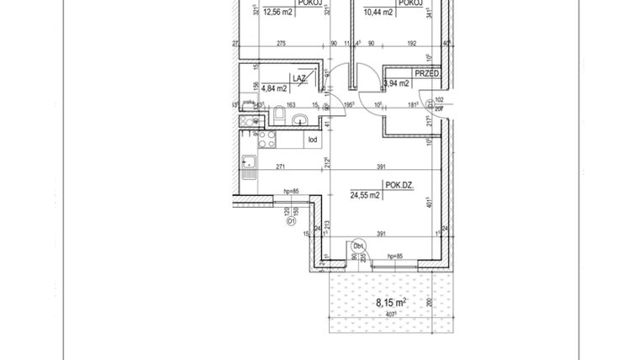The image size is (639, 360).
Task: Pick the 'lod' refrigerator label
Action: coord(311,140)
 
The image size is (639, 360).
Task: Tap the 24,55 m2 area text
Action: coord(366,194)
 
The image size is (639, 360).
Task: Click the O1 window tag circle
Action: coord(289,223)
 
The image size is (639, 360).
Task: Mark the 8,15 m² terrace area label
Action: coord(391,302)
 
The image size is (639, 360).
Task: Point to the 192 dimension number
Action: coord(412,44)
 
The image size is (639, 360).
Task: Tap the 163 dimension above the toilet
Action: coord(291,105)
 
